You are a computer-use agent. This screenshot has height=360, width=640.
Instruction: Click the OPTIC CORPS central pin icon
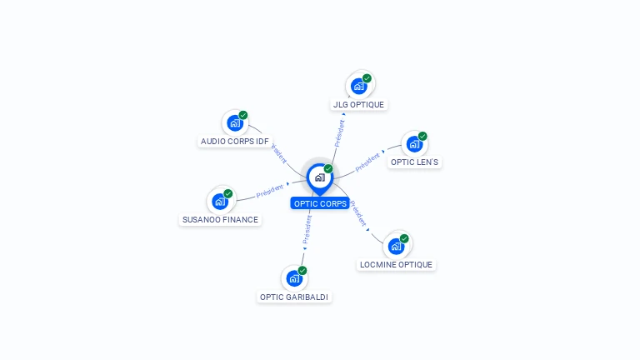tap(320, 179)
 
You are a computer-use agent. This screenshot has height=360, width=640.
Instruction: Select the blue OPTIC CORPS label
tap(320, 203)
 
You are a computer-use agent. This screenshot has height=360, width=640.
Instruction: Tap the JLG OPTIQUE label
tap(359, 104)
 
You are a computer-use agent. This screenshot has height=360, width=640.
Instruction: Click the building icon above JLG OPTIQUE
tap(359, 87)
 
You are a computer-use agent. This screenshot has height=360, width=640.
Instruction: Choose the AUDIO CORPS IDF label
tap(235, 141)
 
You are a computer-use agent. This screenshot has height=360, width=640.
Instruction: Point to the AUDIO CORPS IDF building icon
tap(235, 123)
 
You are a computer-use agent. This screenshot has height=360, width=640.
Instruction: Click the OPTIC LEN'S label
tap(414, 162)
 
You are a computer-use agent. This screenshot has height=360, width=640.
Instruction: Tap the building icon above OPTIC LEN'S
tap(414, 144)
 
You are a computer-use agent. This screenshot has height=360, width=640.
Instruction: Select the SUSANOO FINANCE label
tap(220, 220)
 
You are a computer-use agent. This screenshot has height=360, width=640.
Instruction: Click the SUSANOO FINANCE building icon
tap(220, 202)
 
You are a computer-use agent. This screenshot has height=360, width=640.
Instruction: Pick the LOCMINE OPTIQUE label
tap(396, 264)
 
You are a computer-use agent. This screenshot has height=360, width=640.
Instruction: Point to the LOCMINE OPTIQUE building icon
tap(396, 247)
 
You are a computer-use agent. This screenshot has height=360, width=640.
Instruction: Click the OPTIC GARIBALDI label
tap(294, 297)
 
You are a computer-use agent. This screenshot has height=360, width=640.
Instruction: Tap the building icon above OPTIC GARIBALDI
tap(294, 279)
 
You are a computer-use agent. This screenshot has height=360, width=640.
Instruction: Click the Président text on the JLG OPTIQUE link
tap(340, 133)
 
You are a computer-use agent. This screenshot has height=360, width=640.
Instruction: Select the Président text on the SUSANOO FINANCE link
tap(270, 191)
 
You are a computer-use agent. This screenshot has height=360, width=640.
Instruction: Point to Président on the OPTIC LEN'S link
tap(367, 162)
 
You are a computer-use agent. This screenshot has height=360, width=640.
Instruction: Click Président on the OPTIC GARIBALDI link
tap(307, 229)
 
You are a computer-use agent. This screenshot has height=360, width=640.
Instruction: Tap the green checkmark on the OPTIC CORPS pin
tap(328, 168)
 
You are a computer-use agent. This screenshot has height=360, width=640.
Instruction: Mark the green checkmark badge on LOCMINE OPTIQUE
tap(404, 238)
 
